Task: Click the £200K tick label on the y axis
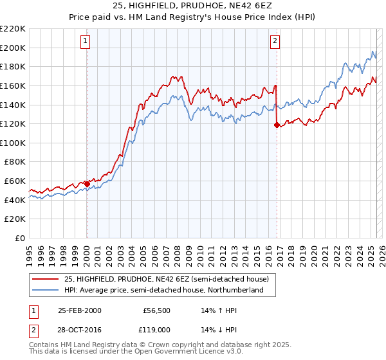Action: [13, 48]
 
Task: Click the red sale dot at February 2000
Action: [87, 184]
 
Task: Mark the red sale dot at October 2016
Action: [277, 125]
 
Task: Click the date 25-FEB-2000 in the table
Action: [80, 310]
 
